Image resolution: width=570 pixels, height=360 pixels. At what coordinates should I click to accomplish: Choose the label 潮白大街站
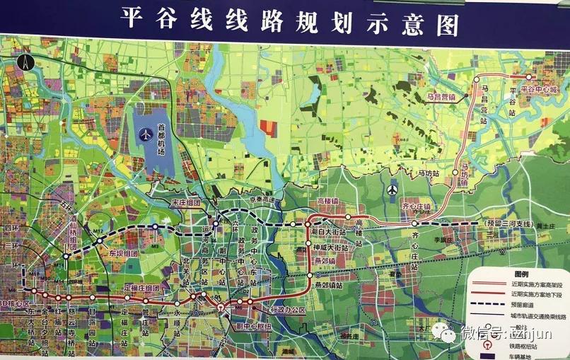coord(330,231)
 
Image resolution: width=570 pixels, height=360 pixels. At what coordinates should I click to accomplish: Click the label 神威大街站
coord(331,248)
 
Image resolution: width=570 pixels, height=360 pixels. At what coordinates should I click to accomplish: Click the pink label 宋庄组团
coord(187,202)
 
